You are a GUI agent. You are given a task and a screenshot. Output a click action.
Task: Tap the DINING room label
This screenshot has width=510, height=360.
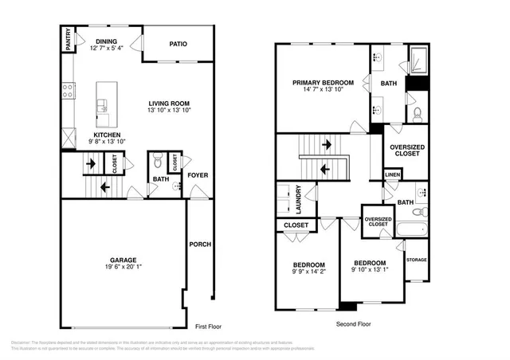(x=107, y=41)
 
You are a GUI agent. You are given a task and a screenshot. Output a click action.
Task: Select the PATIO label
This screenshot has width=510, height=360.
(x=178, y=44)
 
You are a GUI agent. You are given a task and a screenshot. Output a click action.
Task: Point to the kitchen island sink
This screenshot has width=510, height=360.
(x=102, y=105)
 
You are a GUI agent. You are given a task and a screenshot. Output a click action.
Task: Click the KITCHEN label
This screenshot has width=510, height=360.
(x=107, y=135)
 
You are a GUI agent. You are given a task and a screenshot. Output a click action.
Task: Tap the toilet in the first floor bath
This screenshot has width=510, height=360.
(x=158, y=162)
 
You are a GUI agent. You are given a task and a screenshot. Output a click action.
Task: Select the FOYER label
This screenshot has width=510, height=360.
(x=197, y=176)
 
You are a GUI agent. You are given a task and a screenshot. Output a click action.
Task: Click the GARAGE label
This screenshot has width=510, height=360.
(x=124, y=260)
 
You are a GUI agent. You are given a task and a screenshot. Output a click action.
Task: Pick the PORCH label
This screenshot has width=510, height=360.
(x=200, y=245)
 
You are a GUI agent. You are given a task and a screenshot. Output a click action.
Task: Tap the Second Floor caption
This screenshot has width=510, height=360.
(x=352, y=324)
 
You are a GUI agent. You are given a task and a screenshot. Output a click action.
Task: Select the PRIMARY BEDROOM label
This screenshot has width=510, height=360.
(x=323, y=82)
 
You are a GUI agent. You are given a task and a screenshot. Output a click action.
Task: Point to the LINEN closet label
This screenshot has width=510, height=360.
(x=392, y=174)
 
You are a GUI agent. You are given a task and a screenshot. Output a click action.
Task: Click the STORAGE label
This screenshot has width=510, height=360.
(x=416, y=260)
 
